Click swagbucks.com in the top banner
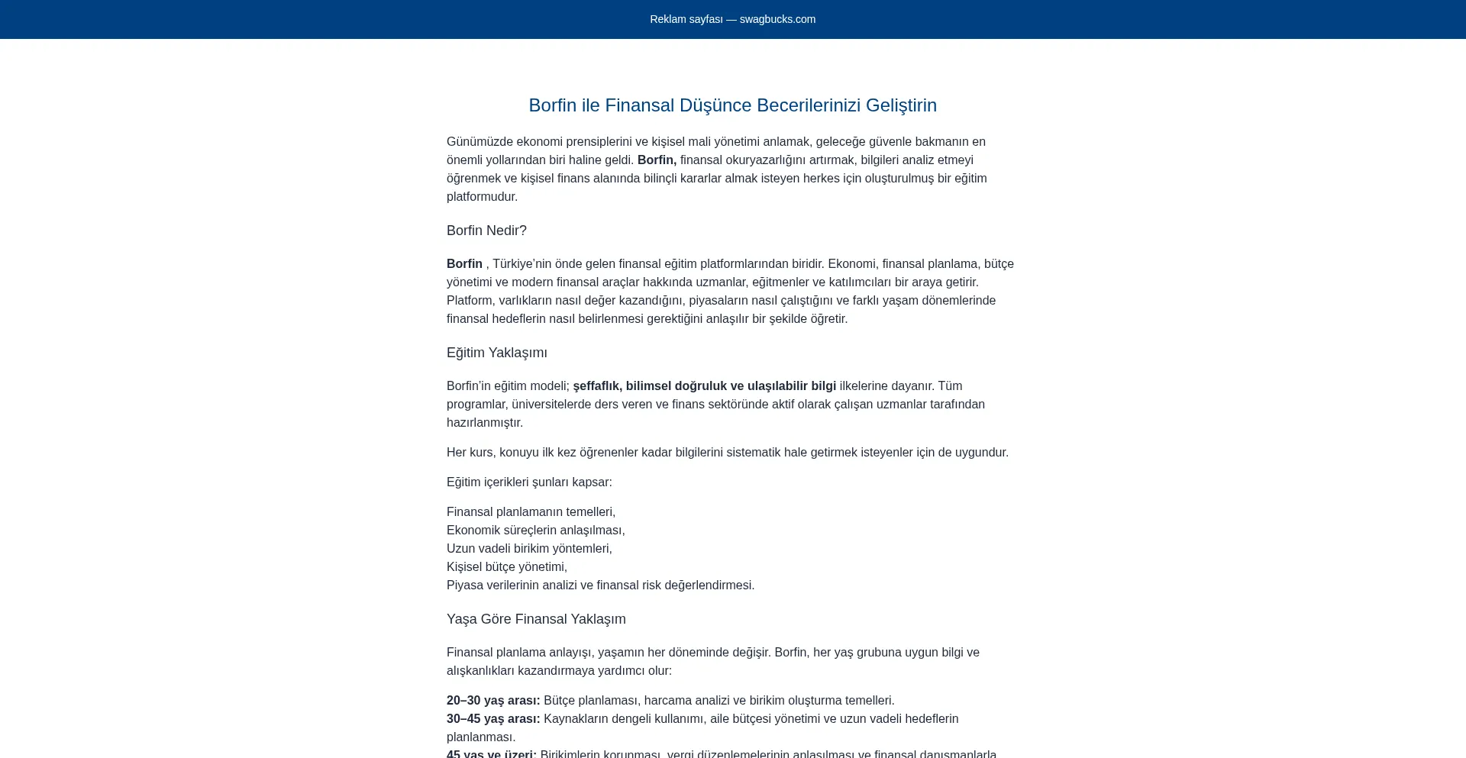coord(777,19)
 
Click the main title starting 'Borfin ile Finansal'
coord(732,105)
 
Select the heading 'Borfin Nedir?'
coord(486,231)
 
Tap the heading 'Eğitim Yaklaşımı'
coord(496,353)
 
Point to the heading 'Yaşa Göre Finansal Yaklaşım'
coord(536,619)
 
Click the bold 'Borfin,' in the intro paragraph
coord(657,160)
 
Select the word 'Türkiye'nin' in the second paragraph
coord(521,264)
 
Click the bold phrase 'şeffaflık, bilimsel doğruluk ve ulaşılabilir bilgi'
coord(704,386)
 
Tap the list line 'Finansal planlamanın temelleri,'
coord(531,512)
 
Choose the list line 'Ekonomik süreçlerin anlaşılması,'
coord(535,531)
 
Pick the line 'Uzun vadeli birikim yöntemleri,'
coord(529,549)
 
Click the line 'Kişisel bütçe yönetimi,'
coord(507,567)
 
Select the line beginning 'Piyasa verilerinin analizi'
coord(600,585)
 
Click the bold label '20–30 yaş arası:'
coord(493,701)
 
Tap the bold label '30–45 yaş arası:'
coord(493,719)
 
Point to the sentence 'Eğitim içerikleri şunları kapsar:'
coord(529,482)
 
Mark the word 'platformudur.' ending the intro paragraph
coord(482,197)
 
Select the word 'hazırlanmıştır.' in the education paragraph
coord(485,423)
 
